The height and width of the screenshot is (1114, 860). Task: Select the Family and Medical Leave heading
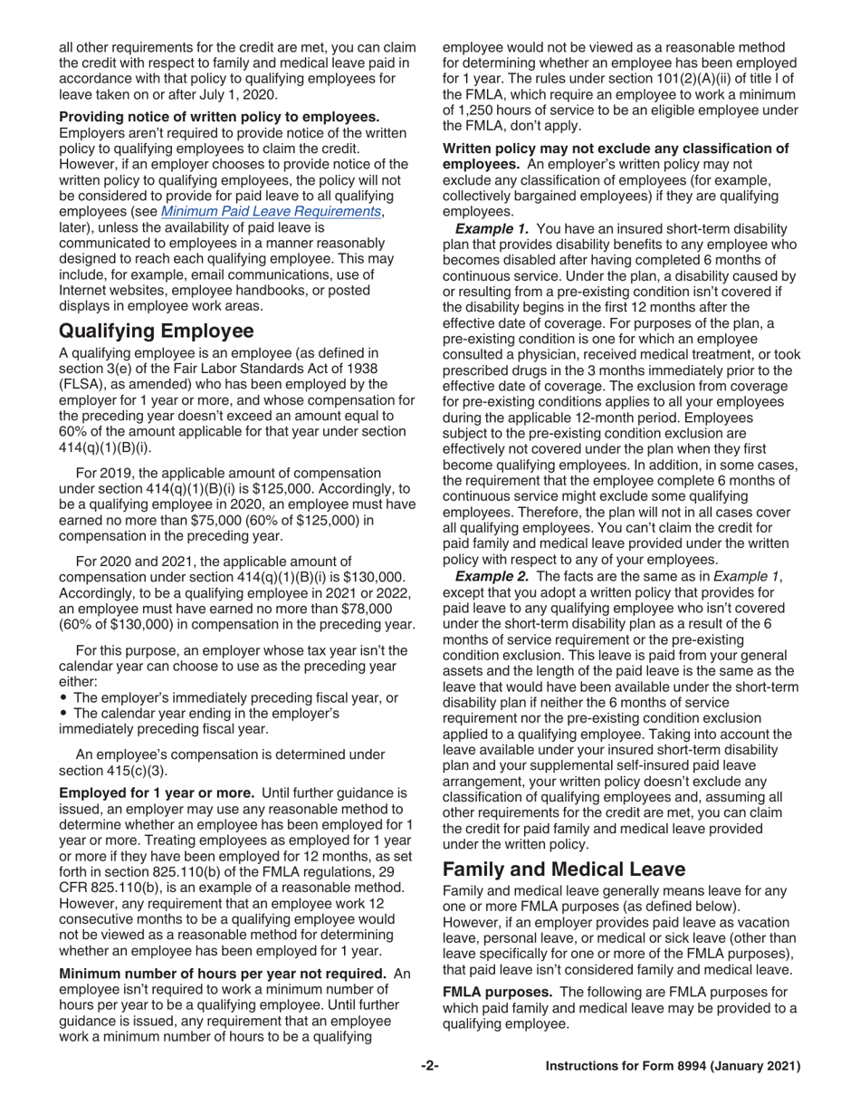click(x=563, y=869)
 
